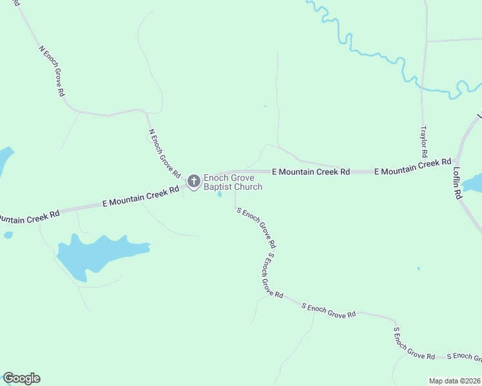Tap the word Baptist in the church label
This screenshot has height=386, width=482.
click(218, 187)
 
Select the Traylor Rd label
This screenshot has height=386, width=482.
click(424, 142)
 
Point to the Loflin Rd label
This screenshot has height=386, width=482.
click(458, 183)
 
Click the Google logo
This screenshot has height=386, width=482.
click(21, 378)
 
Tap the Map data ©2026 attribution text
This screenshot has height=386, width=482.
click(455, 381)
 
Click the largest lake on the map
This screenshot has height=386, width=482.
click(97, 253)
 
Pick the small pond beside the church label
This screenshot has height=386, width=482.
click(220, 194)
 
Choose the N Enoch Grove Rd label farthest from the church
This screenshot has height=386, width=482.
click(52, 71)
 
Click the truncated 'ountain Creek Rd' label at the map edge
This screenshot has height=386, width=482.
click(29, 217)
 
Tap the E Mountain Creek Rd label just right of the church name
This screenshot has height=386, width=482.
click(311, 172)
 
